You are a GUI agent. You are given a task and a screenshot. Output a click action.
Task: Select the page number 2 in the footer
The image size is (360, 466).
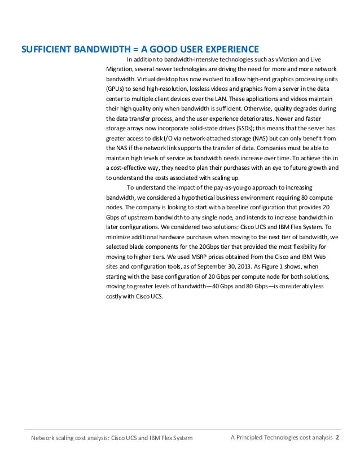coord(337,438)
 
